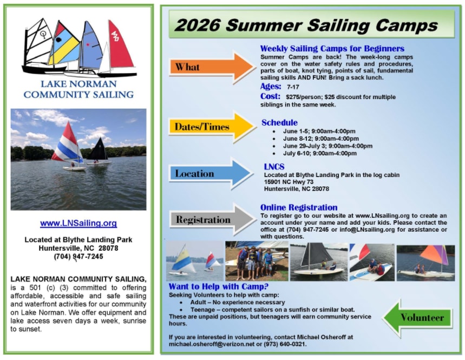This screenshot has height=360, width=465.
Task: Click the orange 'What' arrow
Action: click(212, 67)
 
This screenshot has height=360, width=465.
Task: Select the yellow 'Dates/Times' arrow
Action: click(212, 127)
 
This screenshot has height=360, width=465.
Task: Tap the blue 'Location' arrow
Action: click(211, 174)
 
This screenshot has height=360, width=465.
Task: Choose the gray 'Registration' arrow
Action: click(212, 219)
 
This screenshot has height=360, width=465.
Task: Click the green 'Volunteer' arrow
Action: click(417, 318)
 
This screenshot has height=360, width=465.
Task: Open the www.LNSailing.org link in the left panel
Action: click(78, 223)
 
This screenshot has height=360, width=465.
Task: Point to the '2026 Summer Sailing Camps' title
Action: click(306, 25)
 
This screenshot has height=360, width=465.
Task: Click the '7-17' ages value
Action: click(293, 87)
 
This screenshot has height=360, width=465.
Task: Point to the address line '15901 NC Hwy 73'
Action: click(289, 182)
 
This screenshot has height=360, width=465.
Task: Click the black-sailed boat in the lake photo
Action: click(99, 151)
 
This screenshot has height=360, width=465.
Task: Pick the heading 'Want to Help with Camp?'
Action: click(219, 286)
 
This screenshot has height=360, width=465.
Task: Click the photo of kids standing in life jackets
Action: click(257, 261)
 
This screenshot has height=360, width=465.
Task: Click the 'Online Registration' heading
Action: click(299, 207)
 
